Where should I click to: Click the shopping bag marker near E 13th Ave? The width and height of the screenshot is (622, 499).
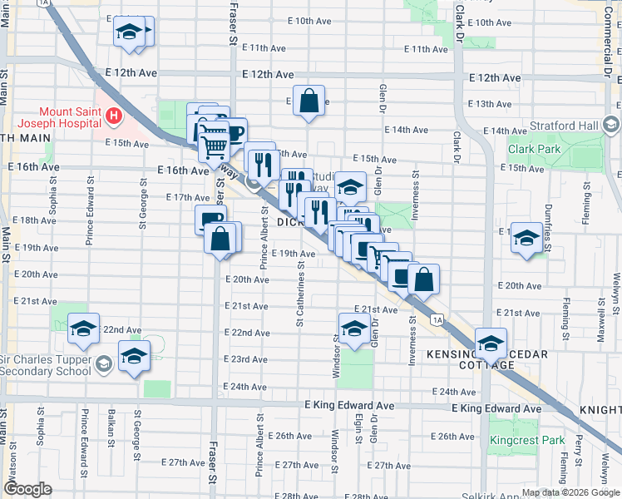point(309,101)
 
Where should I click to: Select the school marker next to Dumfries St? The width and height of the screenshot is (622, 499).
point(526,239)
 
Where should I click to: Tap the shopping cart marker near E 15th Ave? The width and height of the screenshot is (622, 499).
point(215,146)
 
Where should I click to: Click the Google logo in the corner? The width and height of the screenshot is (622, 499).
point(29,489)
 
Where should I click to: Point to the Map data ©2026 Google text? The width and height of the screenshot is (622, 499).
point(570,492)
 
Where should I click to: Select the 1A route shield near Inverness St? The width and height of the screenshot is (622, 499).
point(437,319)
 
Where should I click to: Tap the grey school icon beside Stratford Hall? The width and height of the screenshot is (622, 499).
point(612,126)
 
